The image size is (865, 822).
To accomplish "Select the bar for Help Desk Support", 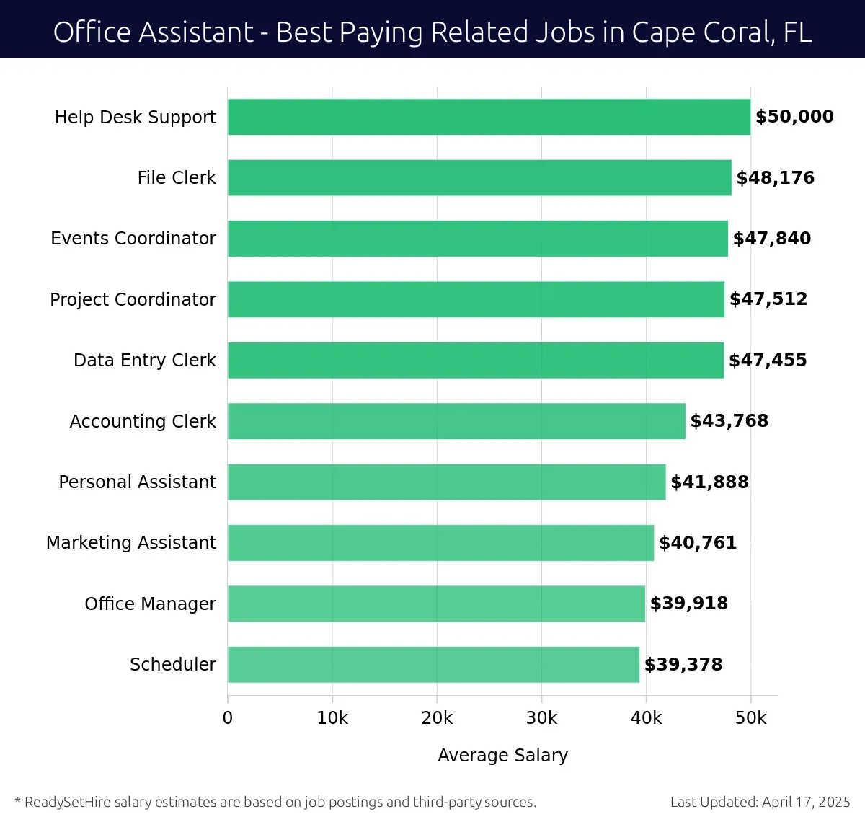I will pos(489,117).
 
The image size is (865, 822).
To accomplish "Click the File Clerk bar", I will pos(479,178).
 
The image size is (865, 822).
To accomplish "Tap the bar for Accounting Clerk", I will pos(456,421).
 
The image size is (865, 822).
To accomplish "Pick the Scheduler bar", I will pos(433,665).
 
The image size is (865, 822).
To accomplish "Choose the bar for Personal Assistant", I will pos(446,482).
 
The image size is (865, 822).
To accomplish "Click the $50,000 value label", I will pos(794,117).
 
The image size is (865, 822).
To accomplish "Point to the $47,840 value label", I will pos(771,239).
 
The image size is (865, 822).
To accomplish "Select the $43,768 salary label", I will pos(729,421).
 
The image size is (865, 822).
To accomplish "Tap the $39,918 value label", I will pos(688,604).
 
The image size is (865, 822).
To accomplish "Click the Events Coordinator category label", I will pos(133,239).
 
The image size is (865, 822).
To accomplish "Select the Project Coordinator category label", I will pos(133,299).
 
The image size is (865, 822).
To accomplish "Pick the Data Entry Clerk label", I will pos(144,361).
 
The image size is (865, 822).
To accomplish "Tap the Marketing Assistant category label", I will pos(130,543).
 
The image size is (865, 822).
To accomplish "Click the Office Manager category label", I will pos(150,604).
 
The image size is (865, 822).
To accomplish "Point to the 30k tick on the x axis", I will pos(541,718).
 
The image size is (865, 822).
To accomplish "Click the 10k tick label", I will pos(332,718).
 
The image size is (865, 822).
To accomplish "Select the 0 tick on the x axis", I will pos(228,718).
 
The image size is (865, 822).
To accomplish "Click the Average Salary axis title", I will pos(502,755).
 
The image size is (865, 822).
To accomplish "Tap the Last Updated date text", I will pos(760,802).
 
